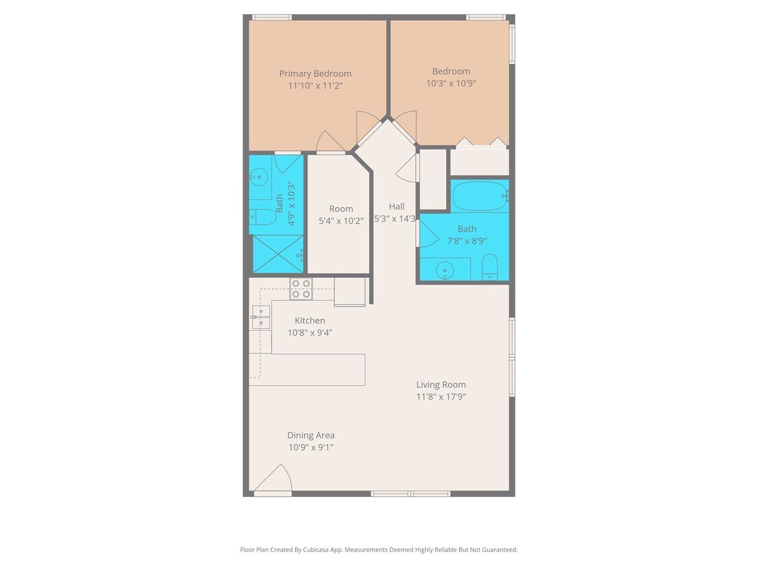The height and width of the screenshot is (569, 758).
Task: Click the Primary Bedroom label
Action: tap(315, 73)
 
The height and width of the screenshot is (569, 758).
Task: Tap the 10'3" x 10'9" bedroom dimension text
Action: tap(451, 84)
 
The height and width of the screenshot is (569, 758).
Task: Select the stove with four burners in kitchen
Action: tap(301, 289)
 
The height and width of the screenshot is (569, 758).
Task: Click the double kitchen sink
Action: tap(261, 317)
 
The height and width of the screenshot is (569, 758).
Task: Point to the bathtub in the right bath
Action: tap(479, 196)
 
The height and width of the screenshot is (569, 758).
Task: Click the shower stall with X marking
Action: tap(278, 254)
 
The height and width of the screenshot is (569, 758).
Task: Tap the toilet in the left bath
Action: tap(262, 217)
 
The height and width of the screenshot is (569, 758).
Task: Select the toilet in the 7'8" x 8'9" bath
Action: tap(490, 267)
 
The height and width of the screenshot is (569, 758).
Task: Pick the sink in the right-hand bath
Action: tap(444, 271)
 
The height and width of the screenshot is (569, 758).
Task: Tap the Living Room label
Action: tap(441, 384)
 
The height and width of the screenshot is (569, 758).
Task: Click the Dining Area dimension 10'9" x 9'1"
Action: tap(311, 447)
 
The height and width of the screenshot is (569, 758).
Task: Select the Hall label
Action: tap(397, 206)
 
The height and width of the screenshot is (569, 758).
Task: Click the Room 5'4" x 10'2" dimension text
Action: tap(341, 220)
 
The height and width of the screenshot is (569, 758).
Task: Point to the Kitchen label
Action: tap(310, 320)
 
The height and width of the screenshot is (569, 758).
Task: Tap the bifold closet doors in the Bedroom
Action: tap(480, 142)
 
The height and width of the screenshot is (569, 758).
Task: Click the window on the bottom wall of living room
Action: tap(411, 493)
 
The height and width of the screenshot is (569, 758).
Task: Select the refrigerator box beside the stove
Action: tap(350, 291)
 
